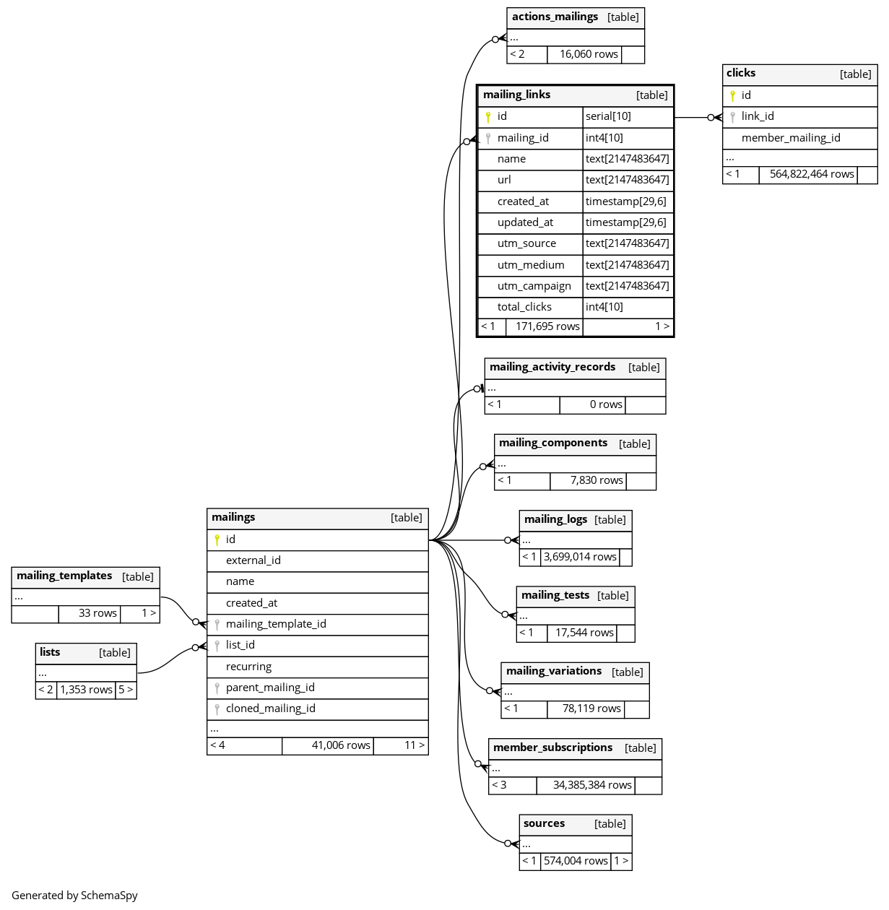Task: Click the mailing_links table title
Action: (517, 95)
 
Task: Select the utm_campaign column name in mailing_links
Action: (534, 286)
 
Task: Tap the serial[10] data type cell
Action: (608, 116)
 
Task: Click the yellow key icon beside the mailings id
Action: (217, 539)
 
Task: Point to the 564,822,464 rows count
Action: (812, 174)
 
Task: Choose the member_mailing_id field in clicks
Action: (791, 138)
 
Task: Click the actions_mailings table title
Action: (555, 17)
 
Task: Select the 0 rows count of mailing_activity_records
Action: (606, 404)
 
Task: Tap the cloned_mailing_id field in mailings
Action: (270, 708)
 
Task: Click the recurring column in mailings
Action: (248, 667)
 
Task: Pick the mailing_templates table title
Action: (64, 576)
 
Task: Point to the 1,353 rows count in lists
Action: (86, 690)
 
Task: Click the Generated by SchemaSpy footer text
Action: (74, 896)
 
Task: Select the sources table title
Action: (545, 823)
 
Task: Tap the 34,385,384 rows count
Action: (592, 785)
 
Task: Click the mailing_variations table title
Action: (554, 671)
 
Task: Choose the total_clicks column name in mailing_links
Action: (524, 307)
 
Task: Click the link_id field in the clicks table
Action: (758, 116)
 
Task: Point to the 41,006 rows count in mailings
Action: (341, 745)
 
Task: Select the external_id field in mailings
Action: (253, 560)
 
